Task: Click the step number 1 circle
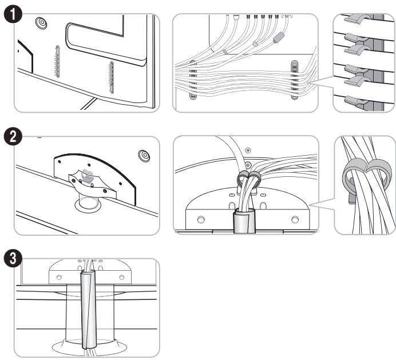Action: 13,14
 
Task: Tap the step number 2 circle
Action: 13,137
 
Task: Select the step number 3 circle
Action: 13,259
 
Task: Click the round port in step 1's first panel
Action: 41,23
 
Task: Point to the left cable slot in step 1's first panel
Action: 57,61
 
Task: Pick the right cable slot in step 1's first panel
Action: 111,77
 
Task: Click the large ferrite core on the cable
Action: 279,38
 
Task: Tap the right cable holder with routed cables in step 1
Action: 295,80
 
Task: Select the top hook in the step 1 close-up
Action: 358,19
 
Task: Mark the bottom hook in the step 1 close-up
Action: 356,101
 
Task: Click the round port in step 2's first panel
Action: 144,156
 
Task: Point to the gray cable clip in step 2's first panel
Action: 87,176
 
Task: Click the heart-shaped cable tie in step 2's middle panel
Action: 249,179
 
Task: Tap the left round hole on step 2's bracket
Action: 201,220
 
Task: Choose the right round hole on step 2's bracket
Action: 295,220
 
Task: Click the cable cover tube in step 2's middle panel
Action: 244,221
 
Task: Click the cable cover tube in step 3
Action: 89,310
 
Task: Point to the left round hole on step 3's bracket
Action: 59,278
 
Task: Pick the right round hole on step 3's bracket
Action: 122,278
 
